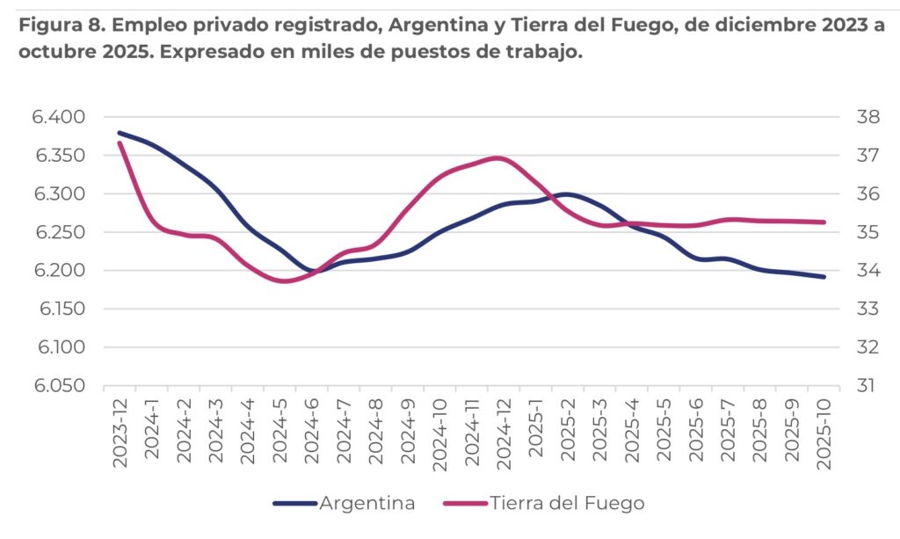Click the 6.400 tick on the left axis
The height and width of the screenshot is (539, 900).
click(59, 117)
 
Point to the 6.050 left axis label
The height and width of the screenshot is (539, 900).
click(59, 386)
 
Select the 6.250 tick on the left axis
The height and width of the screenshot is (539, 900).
click(59, 232)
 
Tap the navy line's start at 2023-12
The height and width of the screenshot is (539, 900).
click(120, 133)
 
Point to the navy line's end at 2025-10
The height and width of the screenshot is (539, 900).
click(824, 277)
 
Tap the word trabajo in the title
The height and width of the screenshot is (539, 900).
click(546, 53)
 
